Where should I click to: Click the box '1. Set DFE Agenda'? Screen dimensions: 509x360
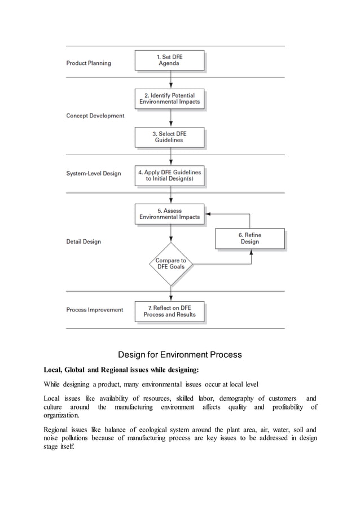[169, 60]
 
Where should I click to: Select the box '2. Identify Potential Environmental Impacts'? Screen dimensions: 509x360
[169, 99]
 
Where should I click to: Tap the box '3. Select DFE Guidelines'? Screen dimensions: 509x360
[169, 137]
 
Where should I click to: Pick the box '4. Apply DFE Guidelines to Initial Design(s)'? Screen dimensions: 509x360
[169, 175]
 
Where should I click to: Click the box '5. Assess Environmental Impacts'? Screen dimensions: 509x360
[169, 213]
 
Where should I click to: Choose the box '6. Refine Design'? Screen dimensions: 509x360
[249, 238]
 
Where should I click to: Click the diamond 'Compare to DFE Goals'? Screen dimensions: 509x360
[170, 264]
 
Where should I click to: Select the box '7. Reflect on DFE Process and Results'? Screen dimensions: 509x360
[169, 311]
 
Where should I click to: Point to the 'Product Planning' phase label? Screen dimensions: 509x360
[89, 63]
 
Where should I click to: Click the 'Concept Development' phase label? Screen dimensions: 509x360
[95, 116]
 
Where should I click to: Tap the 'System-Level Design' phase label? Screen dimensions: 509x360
[94, 173]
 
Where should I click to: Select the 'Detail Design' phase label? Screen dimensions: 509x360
[84, 242]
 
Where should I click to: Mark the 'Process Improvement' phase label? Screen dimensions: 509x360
[95, 310]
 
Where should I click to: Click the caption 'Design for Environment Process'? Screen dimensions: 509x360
[179, 355]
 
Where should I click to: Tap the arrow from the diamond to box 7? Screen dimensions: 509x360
[170, 293]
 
